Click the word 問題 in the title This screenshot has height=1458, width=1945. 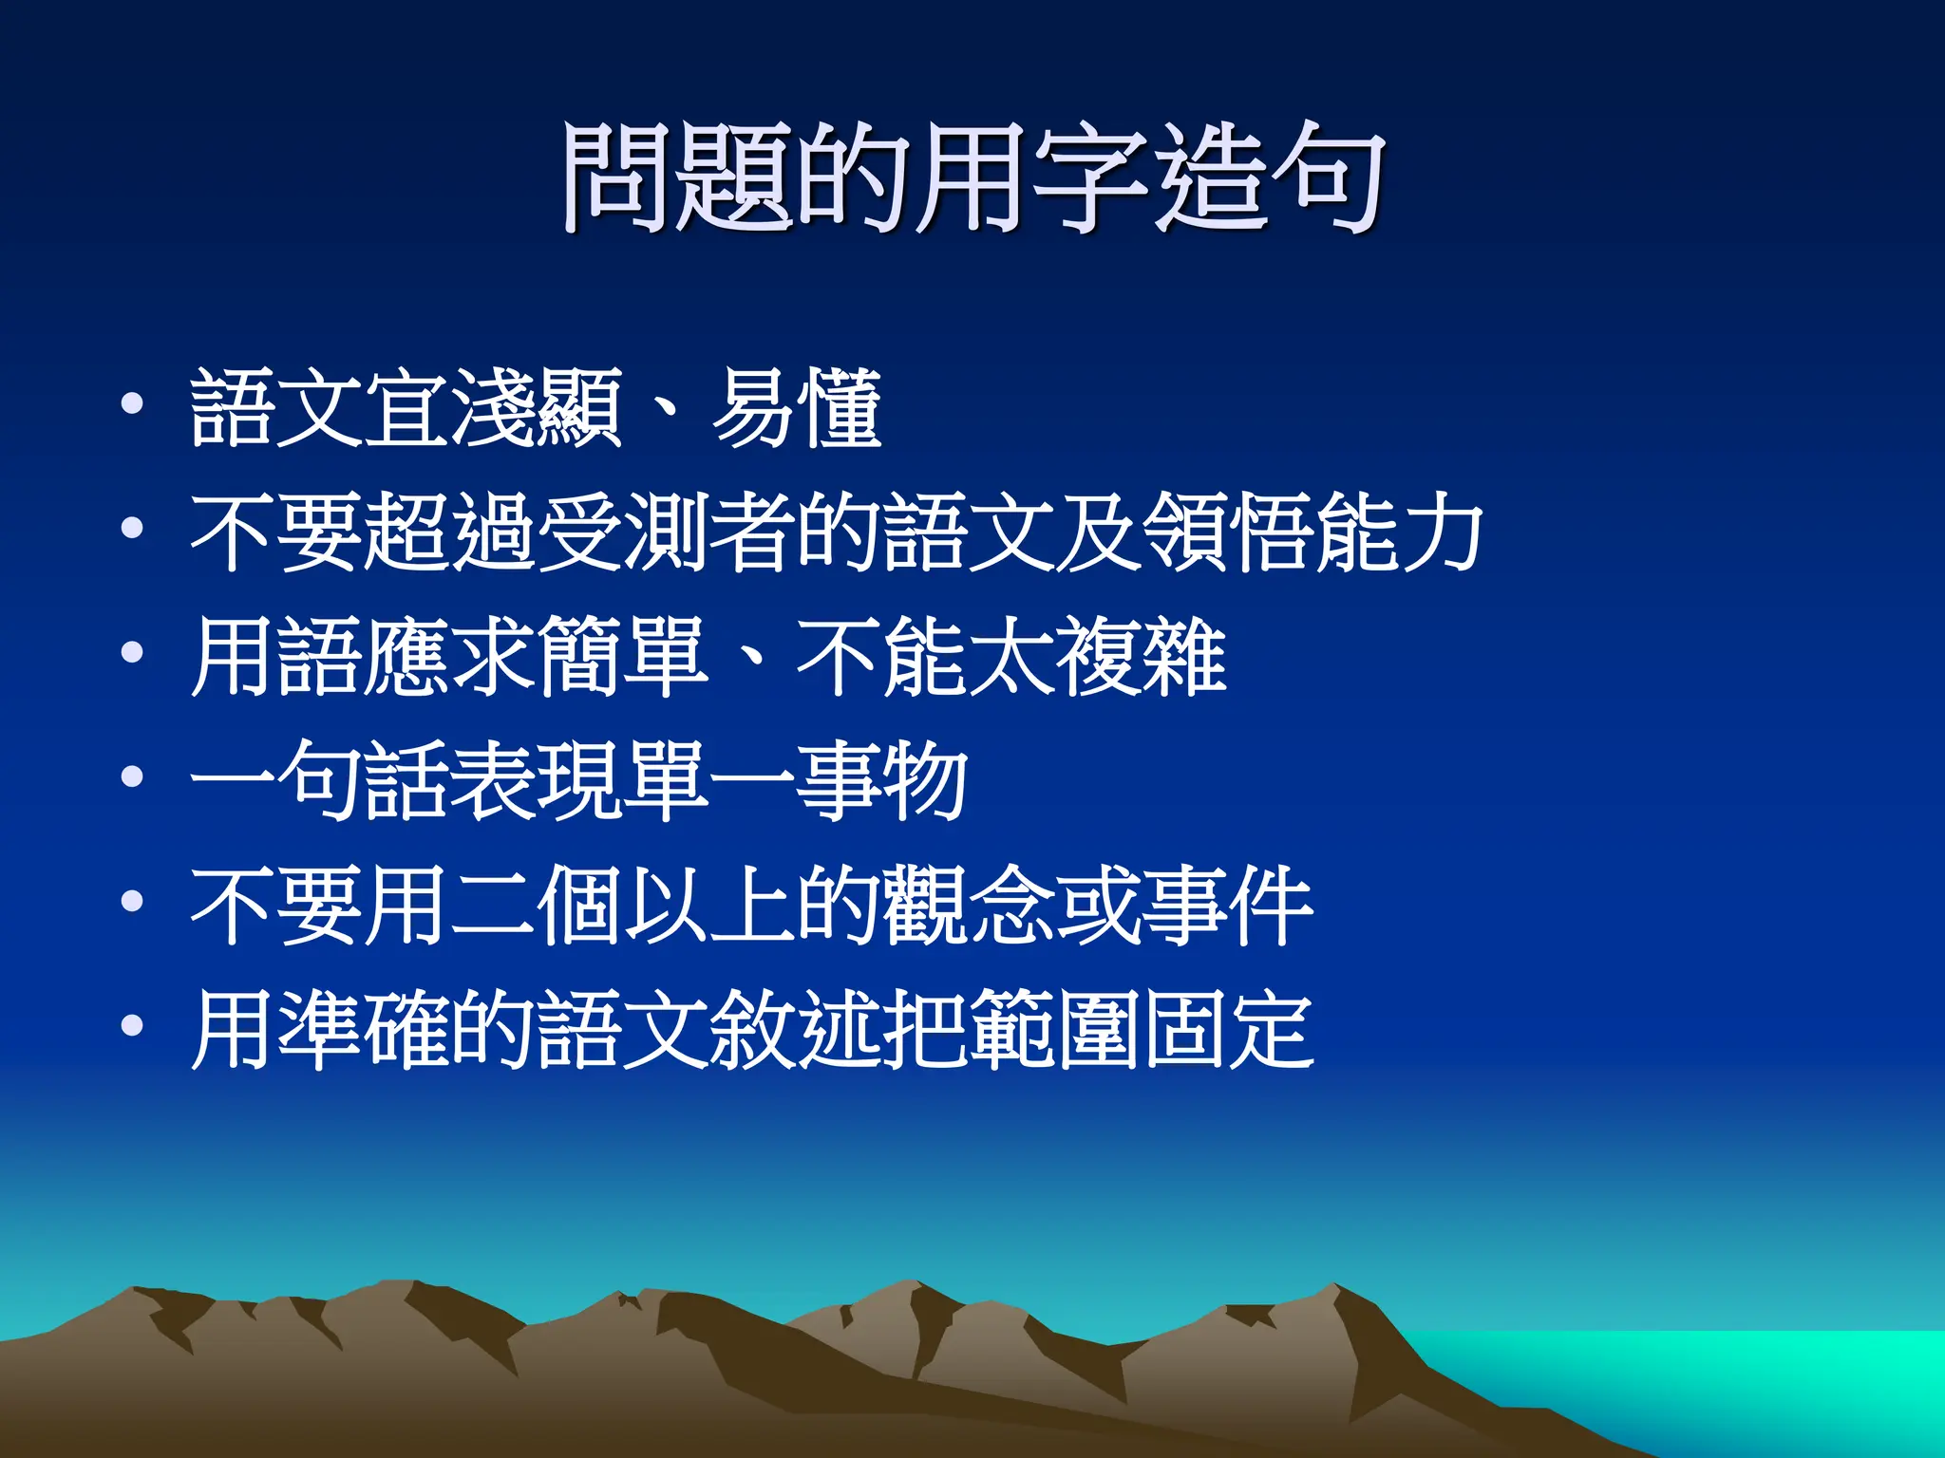(678, 178)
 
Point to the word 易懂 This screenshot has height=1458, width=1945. (796, 408)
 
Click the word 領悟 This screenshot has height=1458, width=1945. (1225, 532)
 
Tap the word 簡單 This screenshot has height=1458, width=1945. (621, 656)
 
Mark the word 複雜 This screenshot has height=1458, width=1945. (1140, 656)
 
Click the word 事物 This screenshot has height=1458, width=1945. (881, 780)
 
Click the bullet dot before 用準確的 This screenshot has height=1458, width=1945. (133, 1025)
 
